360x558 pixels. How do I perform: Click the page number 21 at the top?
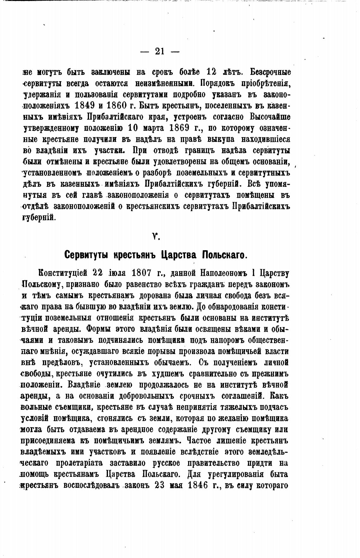(159, 51)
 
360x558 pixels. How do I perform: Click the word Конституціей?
(63, 273)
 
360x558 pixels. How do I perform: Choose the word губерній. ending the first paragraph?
(39, 218)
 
